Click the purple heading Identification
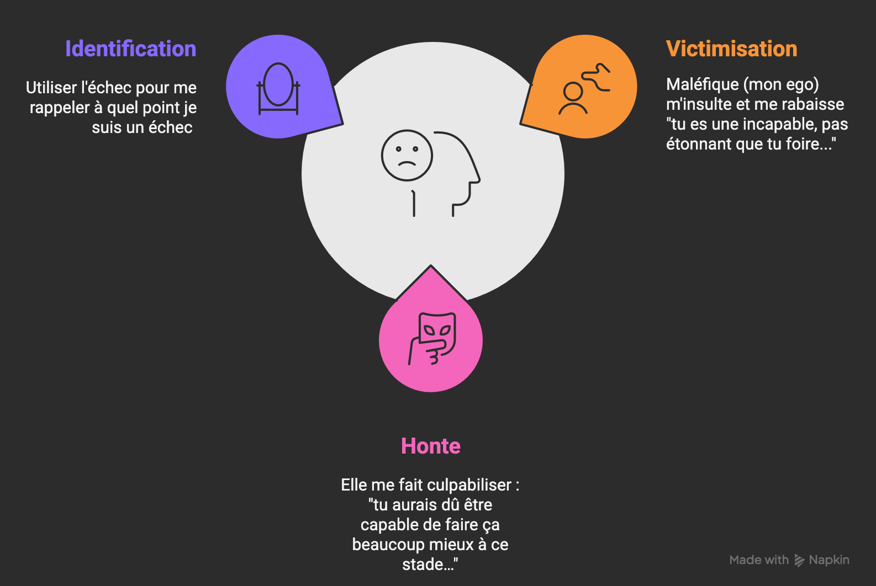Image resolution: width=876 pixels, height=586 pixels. [x=130, y=49]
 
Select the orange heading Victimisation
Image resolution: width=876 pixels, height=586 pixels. [x=731, y=49]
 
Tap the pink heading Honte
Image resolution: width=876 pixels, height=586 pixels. [x=430, y=446]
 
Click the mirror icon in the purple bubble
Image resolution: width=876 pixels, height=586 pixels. [x=278, y=88]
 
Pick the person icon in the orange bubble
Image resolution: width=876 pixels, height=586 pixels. [x=573, y=98]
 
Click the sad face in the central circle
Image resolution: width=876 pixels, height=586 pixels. [x=407, y=156]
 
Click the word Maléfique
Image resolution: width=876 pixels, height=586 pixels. [x=702, y=84]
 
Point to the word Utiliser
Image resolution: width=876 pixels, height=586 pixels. [x=51, y=88]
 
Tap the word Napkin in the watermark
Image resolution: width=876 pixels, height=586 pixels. [x=828, y=560]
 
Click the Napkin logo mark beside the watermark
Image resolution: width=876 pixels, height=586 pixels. [x=799, y=561]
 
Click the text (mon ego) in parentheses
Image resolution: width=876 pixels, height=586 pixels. [x=781, y=84]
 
